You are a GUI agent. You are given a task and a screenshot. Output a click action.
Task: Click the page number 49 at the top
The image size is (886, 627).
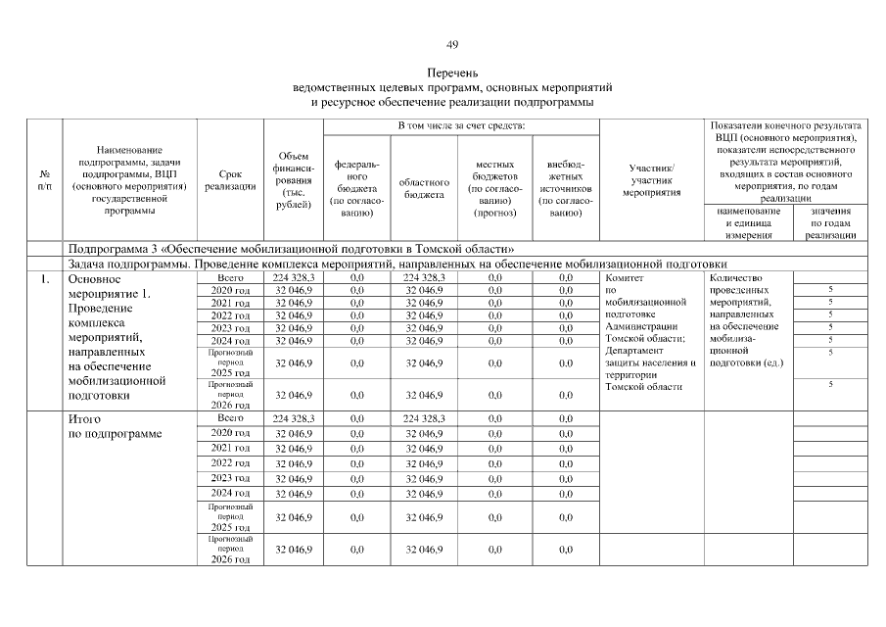point(451,44)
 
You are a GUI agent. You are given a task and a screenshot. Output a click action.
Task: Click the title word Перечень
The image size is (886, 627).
point(451,73)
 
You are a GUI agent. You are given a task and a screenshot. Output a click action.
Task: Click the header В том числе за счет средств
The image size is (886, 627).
point(460,127)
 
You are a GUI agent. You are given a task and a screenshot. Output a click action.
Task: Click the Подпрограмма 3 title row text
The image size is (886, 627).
point(290,249)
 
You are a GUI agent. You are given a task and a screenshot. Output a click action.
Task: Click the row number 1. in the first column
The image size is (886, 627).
point(45,279)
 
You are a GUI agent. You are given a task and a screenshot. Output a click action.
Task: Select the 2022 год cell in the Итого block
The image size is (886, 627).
point(230,462)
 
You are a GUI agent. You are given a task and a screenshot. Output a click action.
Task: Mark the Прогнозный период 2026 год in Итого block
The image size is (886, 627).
point(230,550)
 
